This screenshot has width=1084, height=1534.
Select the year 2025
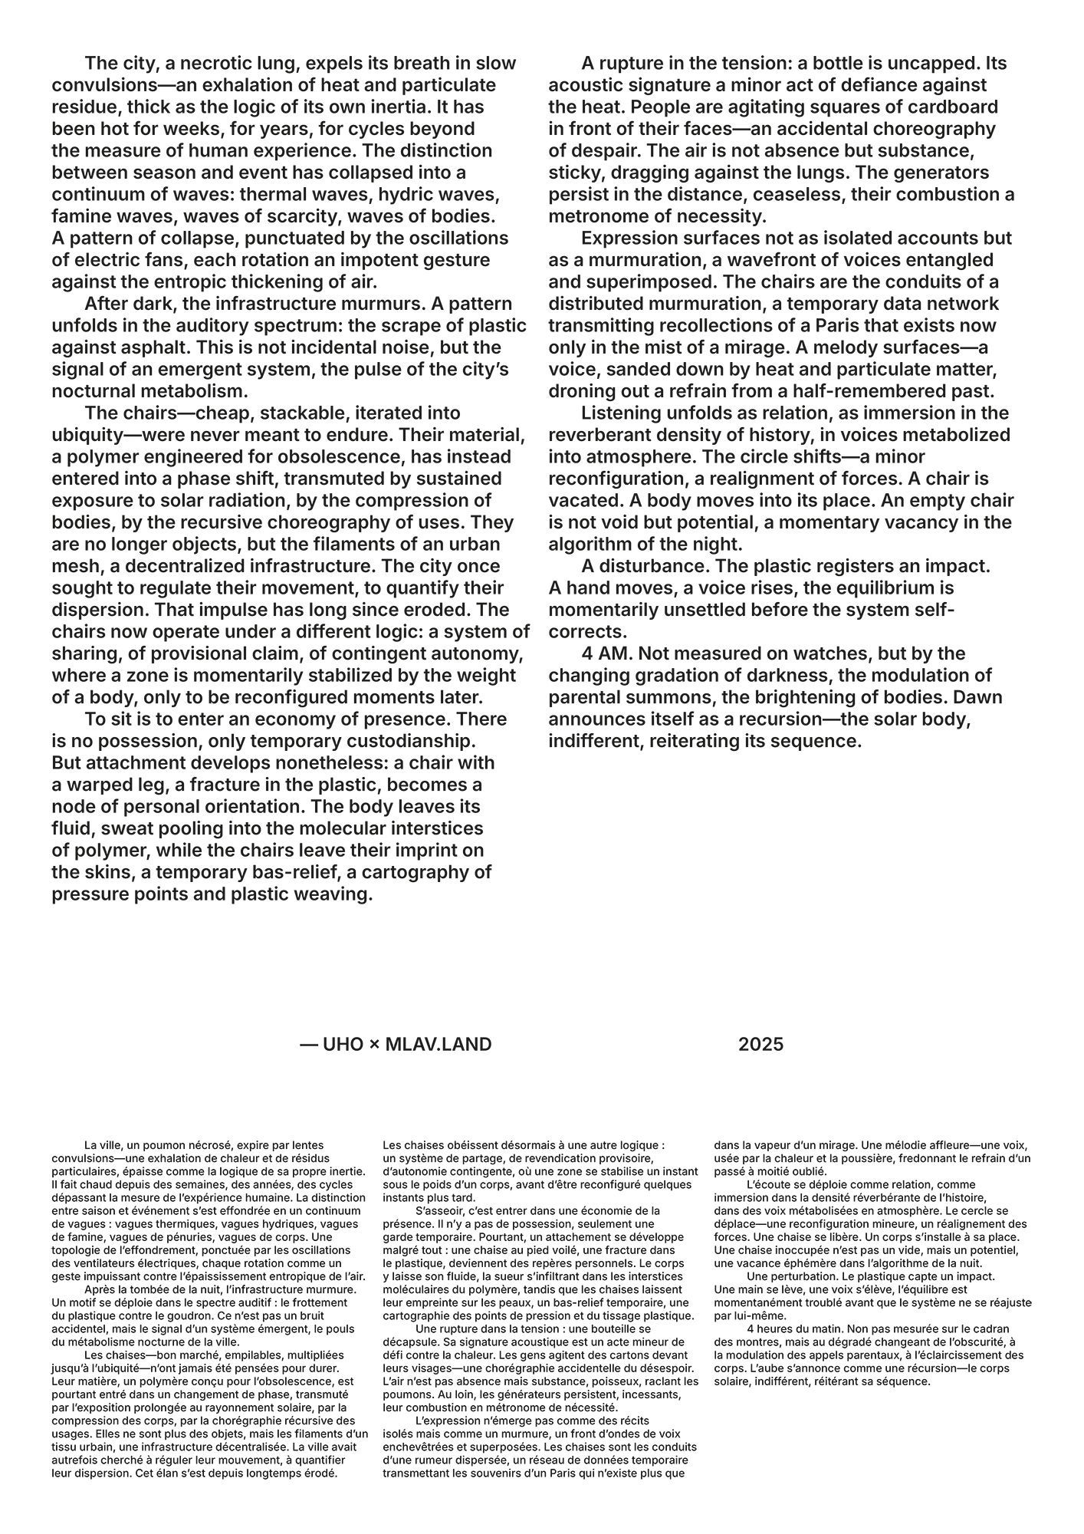pyautogui.click(x=760, y=1044)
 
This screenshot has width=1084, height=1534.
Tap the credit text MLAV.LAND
pyautogui.click(x=438, y=1044)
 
